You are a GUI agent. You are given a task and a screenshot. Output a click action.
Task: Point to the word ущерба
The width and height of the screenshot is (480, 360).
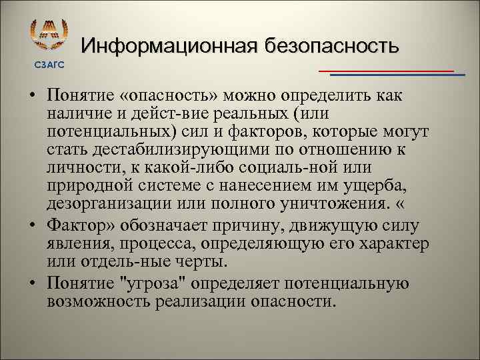click(x=378, y=185)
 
